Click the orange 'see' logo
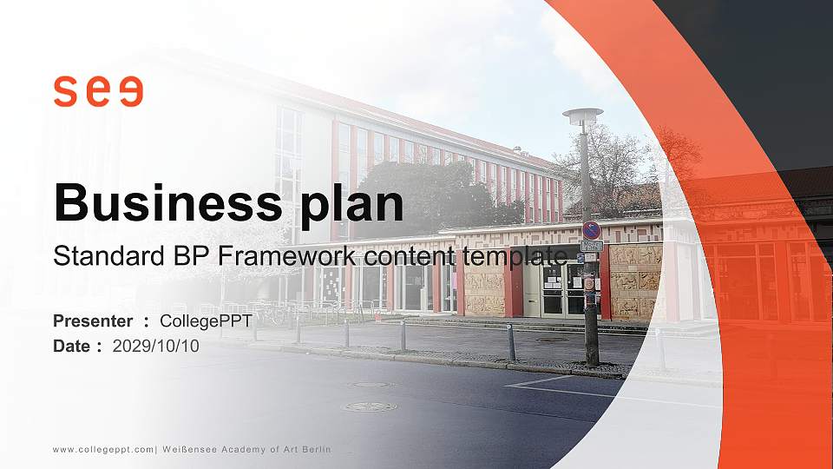97,92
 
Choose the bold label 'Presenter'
93,321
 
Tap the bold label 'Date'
72,346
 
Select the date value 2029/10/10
156,346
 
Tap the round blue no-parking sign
591,230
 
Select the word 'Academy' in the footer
251,449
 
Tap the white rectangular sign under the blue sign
592,247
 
